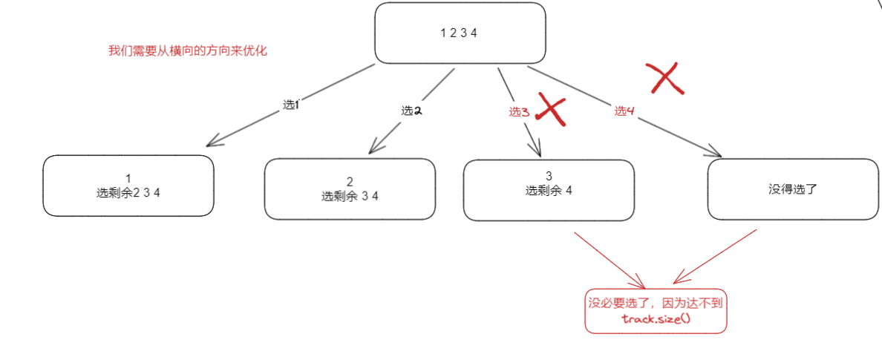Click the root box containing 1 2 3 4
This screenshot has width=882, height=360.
pos(460,33)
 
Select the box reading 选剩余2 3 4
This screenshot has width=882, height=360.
pos(128,186)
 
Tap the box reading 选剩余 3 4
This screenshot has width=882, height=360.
pos(350,189)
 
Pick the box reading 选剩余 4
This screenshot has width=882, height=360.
pos(549,190)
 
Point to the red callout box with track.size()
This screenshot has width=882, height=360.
pos(656,311)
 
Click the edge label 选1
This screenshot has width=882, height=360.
pos(290,105)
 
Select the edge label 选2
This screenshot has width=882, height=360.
pos(411,110)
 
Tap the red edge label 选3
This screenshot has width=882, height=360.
pos(519,112)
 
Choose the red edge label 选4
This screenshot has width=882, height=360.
pos(624,111)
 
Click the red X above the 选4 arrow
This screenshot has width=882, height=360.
pos(664,77)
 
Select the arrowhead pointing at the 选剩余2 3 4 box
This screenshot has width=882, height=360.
pos(212,141)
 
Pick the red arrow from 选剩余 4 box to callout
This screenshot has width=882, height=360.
pos(609,260)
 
